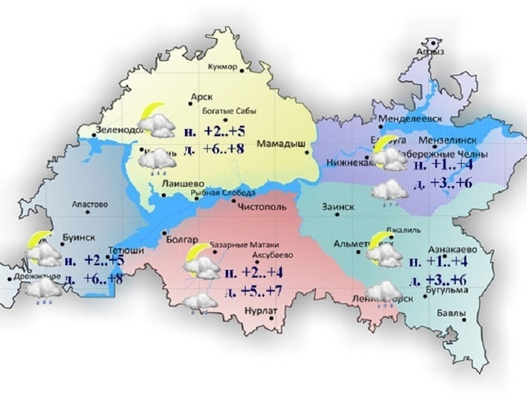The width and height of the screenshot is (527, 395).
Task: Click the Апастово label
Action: coord(90,205)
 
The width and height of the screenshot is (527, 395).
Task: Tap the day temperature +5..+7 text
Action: coord(255,291)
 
